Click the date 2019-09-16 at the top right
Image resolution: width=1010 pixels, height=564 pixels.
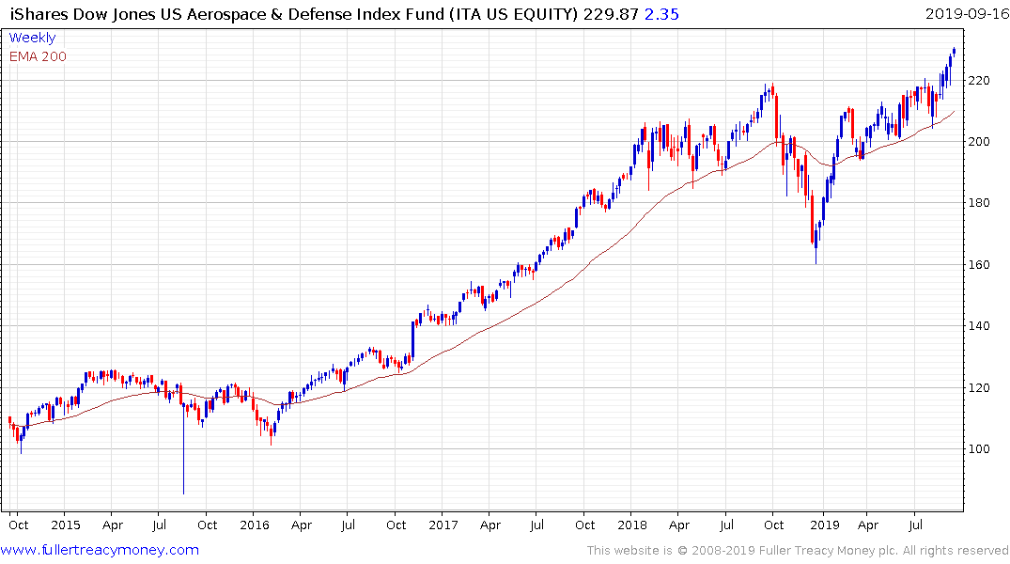pos(966,14)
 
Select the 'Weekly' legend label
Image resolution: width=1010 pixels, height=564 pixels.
pos(32,39)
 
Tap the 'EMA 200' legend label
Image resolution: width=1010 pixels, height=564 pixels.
pos(38,56)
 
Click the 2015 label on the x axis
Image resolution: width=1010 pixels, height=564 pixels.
pos(65,525)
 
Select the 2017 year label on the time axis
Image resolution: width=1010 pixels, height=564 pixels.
pos(443,525)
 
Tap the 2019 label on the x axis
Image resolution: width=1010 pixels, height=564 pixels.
pos(824,525)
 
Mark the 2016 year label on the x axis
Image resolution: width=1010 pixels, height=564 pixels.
pos(254,525)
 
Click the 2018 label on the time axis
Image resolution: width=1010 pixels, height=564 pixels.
pos(633,525)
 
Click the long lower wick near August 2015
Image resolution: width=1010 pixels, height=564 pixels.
pos(183,461)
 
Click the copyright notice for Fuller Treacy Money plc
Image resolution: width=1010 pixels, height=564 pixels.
pos(798,551)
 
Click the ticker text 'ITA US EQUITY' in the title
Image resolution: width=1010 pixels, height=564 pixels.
pos(506,14)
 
